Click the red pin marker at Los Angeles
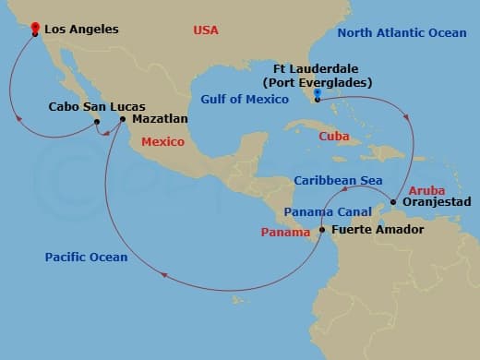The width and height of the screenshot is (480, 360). click(x=34, y=29)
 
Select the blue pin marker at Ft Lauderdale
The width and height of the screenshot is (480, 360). click(x=317, y=93)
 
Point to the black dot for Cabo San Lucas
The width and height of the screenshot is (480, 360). click(x=96, y=120)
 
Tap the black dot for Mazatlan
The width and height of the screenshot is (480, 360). click(x=123, y=118)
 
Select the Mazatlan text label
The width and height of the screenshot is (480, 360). click(x=160, y=119)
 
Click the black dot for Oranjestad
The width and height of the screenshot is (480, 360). click(x=394, y=201)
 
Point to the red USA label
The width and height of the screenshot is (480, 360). click(x=206, y=30)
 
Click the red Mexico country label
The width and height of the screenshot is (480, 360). click(x=162, y=142)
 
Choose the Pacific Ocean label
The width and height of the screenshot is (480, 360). click(x=85, y=257)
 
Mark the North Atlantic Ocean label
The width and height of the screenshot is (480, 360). click(x=402, y=32)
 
